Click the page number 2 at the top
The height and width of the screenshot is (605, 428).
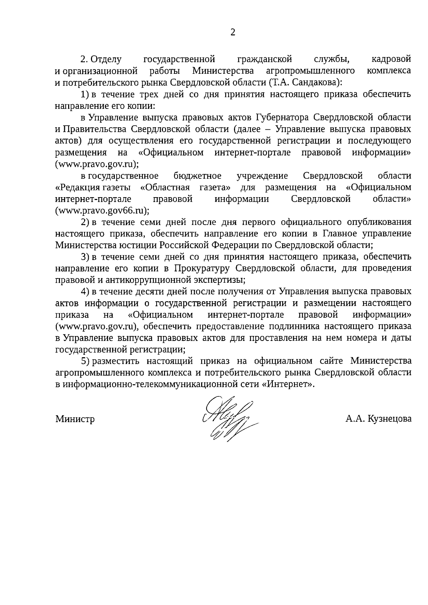pyautogui.click(x=233, y=33)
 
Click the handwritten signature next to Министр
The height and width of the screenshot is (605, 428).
pyautogui.click(x=228, y=419)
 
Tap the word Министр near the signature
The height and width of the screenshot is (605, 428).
pyautogui.click(x=75, y=419)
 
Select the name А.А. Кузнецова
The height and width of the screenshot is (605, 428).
pyautogui.click(x=378, y=419)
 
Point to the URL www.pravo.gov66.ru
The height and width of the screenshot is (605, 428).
pyautogui.click(x=102, y=211)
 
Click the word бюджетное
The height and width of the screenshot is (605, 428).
pyautogui.click(x=198, y=176)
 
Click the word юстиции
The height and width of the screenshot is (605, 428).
pyautogui.click(x=141, y=245)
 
